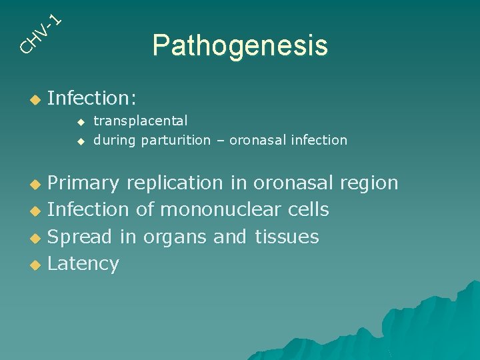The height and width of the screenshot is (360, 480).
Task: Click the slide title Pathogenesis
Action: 240,46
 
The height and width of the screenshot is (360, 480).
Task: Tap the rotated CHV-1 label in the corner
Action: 40,33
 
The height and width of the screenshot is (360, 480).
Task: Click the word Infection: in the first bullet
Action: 92,99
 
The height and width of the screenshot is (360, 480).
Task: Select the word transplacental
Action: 141,121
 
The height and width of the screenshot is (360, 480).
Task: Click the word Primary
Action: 83,183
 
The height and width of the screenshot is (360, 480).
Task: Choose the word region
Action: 369,183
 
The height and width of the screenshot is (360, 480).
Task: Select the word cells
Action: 309,210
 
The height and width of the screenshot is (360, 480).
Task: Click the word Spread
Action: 81,237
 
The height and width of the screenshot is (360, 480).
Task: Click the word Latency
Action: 83,264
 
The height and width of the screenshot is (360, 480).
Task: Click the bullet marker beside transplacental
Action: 81,122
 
